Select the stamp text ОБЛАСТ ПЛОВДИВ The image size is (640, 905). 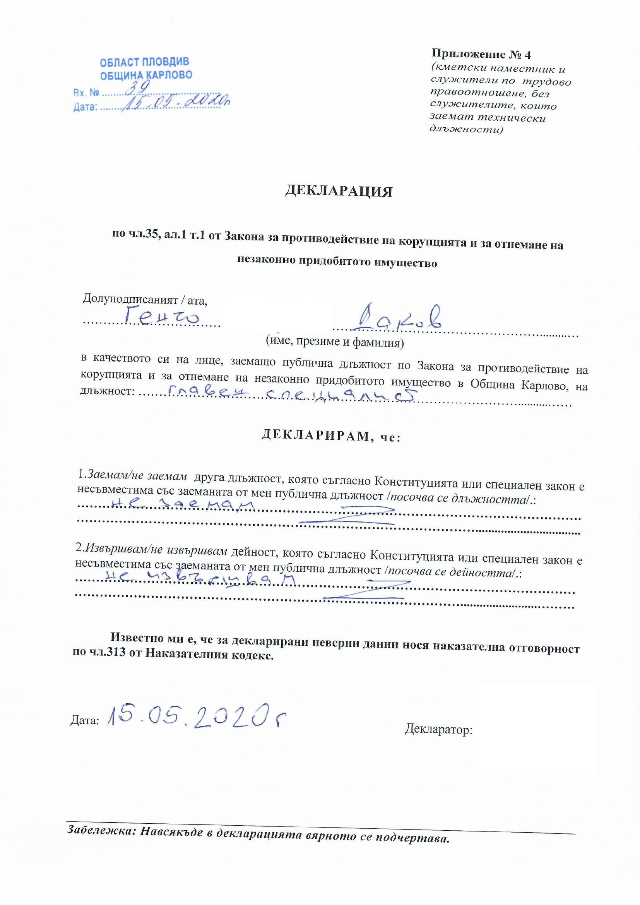click(144, 62)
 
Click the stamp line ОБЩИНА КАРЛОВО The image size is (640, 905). click(146, 75)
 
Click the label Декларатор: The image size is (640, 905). click(439, 730)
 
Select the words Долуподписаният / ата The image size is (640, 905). click(145, 301)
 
